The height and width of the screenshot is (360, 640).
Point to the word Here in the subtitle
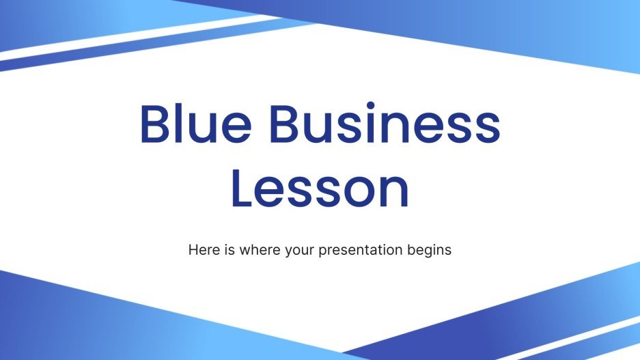(x=202, y=250)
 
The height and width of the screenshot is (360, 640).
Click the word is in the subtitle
(x=227, y=250)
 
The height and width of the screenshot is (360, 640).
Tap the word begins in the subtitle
(x=430, y=251)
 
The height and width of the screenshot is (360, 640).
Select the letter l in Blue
(x=184, y=122)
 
